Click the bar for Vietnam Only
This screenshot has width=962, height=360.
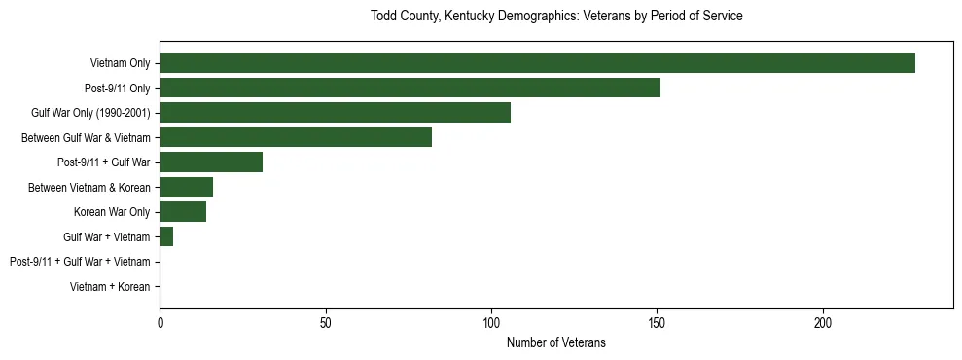(537, 63)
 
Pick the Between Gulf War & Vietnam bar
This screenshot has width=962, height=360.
(296, 137)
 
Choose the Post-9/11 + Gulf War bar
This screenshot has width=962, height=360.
(211, 162)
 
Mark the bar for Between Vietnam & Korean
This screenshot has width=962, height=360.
(186, 187)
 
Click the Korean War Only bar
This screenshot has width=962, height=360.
(183, 212)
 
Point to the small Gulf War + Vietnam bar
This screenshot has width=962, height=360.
(166, 236)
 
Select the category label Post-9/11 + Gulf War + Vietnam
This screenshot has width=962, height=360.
(80, 262)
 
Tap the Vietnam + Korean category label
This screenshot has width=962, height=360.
(110, 287)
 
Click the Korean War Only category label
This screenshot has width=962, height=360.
(112, 212)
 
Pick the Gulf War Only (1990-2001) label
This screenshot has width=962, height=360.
(90, 113)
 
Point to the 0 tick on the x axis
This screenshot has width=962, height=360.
(160, 322)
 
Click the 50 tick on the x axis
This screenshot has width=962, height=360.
(326, 322)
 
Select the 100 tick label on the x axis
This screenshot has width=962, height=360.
(491, 322)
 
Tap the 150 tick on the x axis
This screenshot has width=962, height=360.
(658, 322)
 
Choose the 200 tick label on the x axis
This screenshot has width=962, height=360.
(823, 322)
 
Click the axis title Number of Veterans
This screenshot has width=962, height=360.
(555, 342)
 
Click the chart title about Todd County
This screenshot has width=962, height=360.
(556, 17)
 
